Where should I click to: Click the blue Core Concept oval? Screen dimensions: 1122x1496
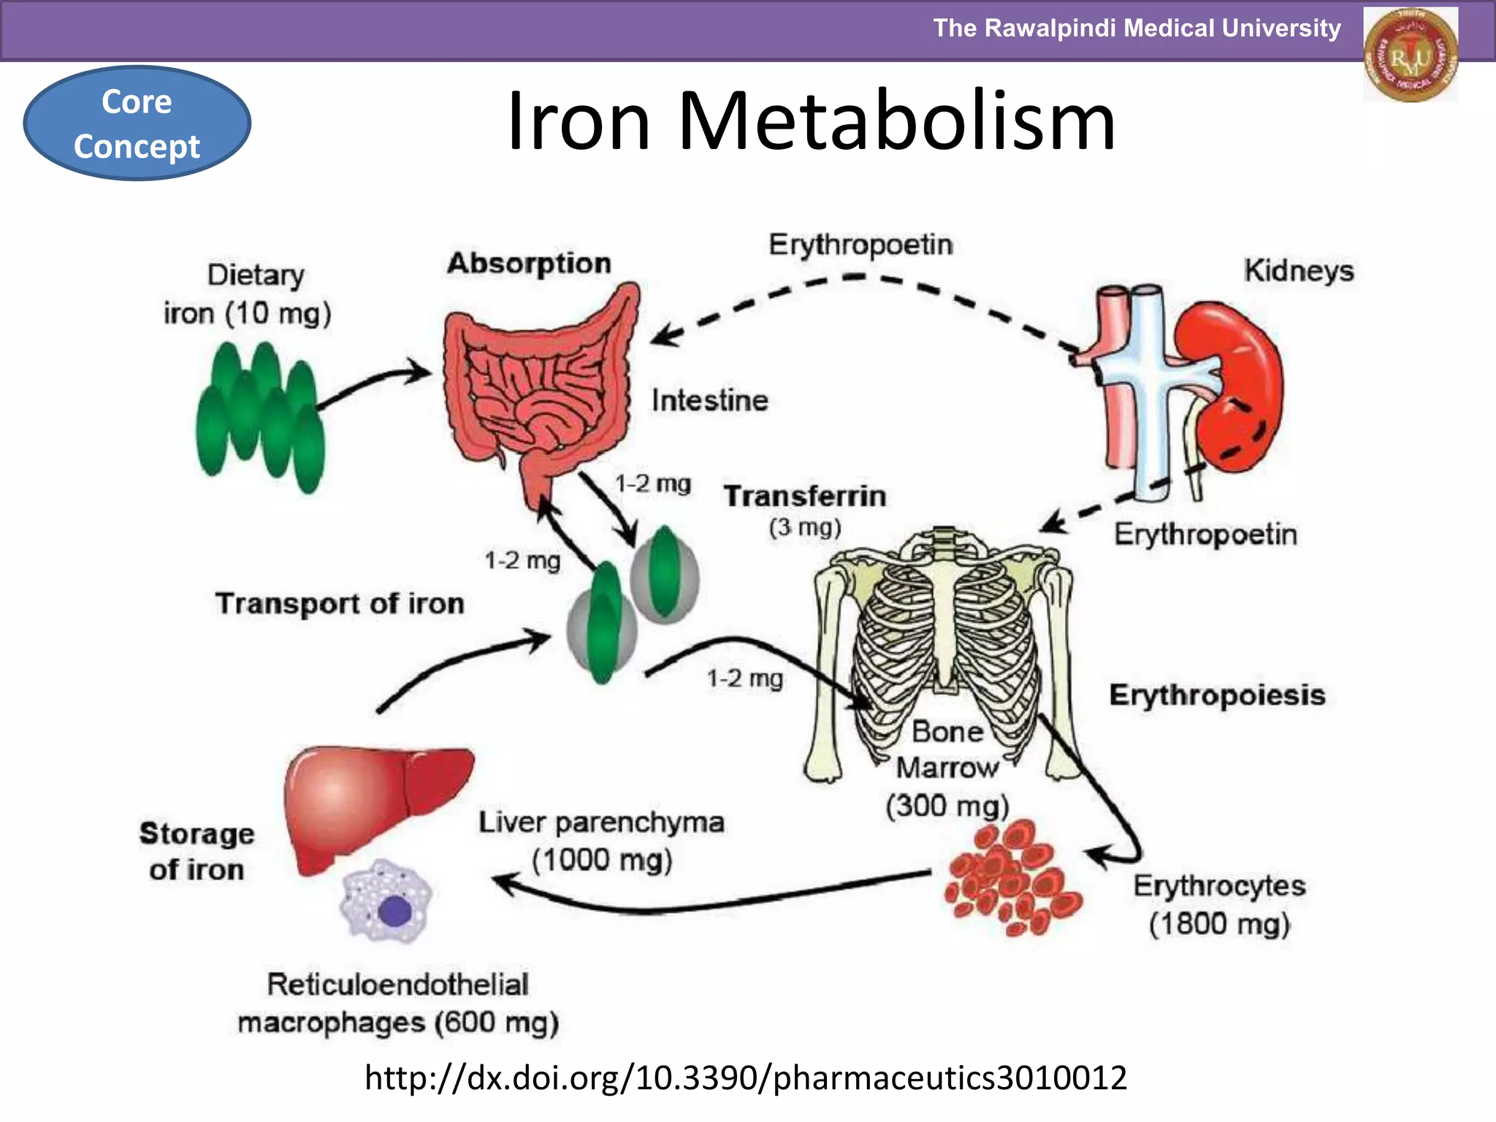(137, 123)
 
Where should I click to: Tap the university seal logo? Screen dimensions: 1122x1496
(1411, 54)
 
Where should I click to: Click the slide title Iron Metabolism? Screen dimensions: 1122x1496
(811, 121)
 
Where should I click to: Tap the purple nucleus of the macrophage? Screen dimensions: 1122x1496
(394, 912)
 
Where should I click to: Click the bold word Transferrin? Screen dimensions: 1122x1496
(805, 497)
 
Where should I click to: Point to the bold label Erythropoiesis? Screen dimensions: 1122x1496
(1217, 695)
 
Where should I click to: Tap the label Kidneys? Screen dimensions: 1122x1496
(1299, 272)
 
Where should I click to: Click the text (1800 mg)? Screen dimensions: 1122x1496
(1219, 924)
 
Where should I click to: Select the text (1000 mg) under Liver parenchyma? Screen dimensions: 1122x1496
(602, 860)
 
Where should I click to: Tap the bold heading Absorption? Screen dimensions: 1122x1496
(529, 264)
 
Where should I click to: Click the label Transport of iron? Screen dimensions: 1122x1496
(340, 604)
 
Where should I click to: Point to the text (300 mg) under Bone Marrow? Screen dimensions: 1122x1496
(947, 806)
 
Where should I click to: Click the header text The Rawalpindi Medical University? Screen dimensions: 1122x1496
(1137, 28)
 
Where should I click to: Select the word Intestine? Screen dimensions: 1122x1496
(709, 401)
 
